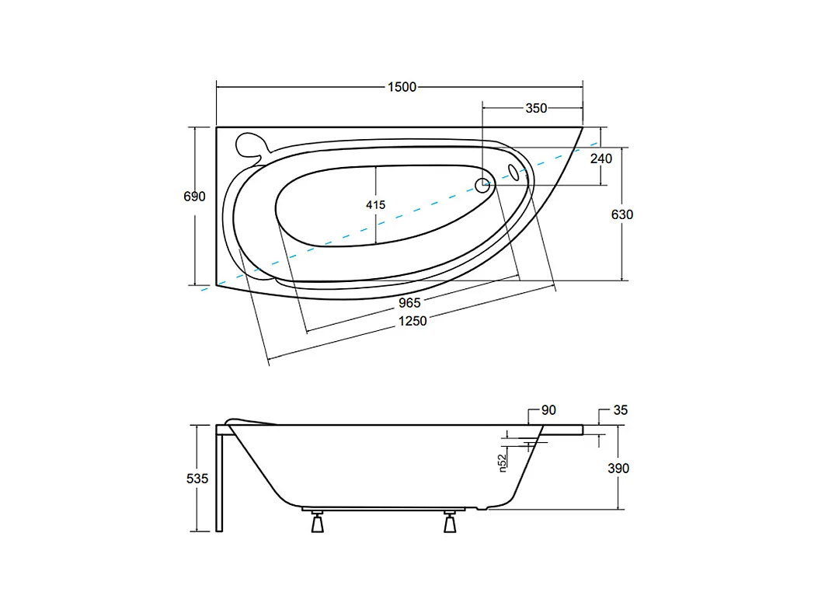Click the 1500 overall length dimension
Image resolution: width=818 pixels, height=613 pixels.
(x=402, y=87)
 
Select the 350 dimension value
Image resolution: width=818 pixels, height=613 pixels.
(x=536, y=108)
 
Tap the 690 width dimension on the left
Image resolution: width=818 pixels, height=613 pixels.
(x=194, y=197)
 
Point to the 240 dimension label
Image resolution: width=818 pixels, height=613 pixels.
(x=600, y=158)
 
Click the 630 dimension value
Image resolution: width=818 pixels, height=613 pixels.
(x=622, y=214)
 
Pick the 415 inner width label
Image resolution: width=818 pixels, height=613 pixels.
(x=375, y=204)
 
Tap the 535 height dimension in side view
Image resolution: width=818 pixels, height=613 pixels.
(x=197, y=479)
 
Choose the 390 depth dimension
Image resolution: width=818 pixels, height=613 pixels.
(x=618, y=468)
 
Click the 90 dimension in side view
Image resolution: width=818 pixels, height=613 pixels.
(x=548, y=409)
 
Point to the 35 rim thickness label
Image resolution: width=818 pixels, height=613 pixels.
(x=620, y=409)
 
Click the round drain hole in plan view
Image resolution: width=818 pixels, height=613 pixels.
(x=482, y=185)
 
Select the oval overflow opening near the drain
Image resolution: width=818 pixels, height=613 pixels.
(x=514, y=170)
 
